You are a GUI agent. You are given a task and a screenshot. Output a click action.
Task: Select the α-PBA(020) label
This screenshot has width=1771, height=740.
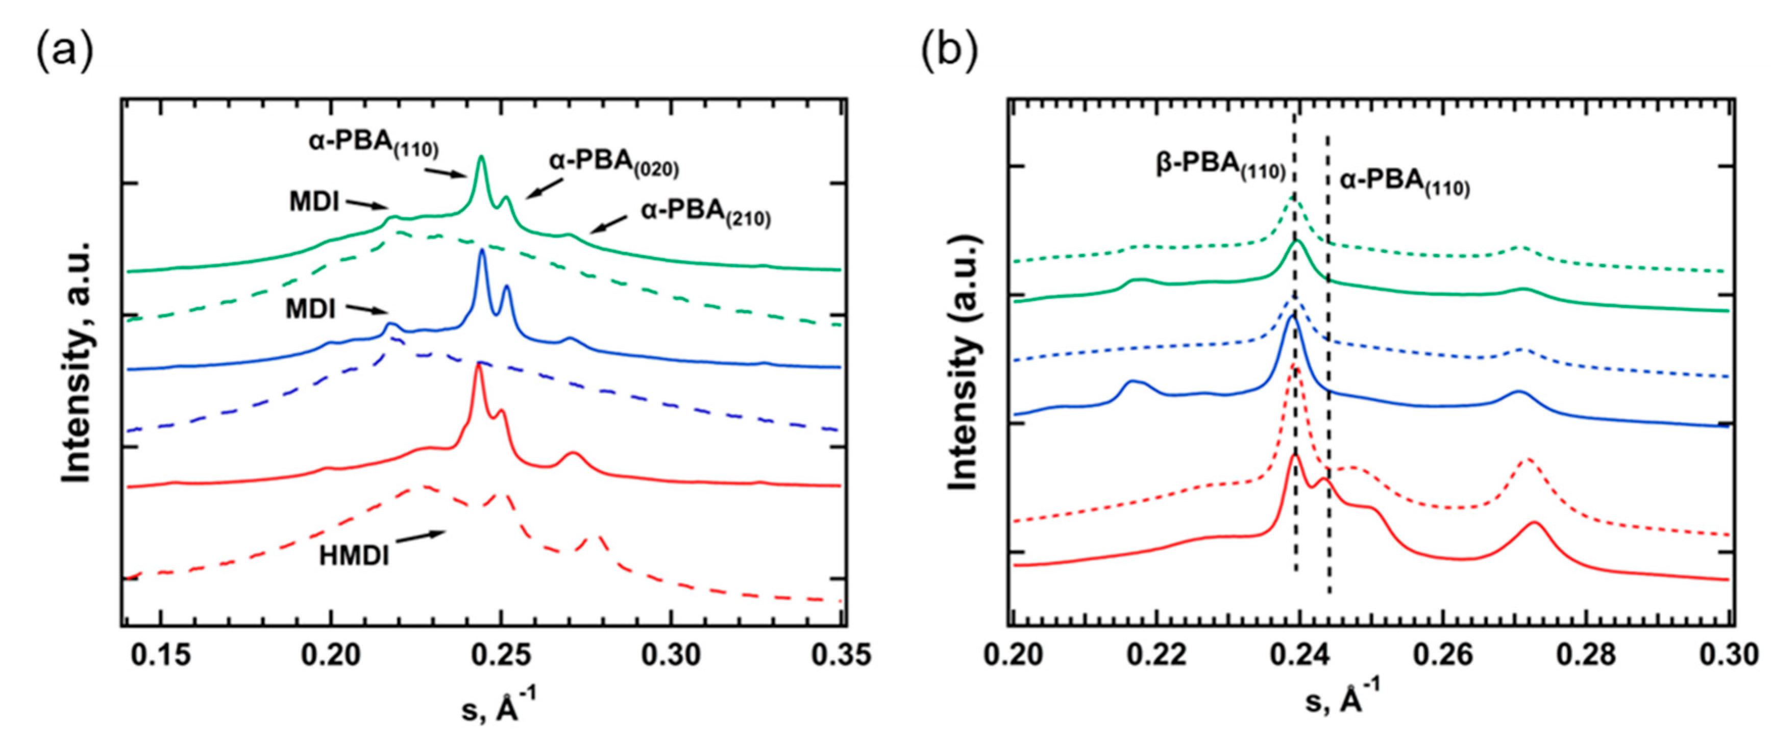613,164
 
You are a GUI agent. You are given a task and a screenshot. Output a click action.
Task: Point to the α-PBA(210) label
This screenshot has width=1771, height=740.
705,213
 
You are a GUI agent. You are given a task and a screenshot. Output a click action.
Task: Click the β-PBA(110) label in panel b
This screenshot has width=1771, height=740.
1220,167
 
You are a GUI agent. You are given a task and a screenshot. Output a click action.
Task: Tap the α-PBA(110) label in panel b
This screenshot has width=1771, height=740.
1405,183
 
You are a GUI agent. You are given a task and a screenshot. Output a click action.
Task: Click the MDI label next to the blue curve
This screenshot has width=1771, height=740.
311,309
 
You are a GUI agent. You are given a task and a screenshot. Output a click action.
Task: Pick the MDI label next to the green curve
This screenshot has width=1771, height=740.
314,202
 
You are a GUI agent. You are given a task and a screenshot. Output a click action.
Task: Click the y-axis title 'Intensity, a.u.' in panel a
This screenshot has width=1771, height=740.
77,362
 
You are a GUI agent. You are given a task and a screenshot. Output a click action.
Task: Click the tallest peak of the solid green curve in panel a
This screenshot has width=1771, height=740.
481,158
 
